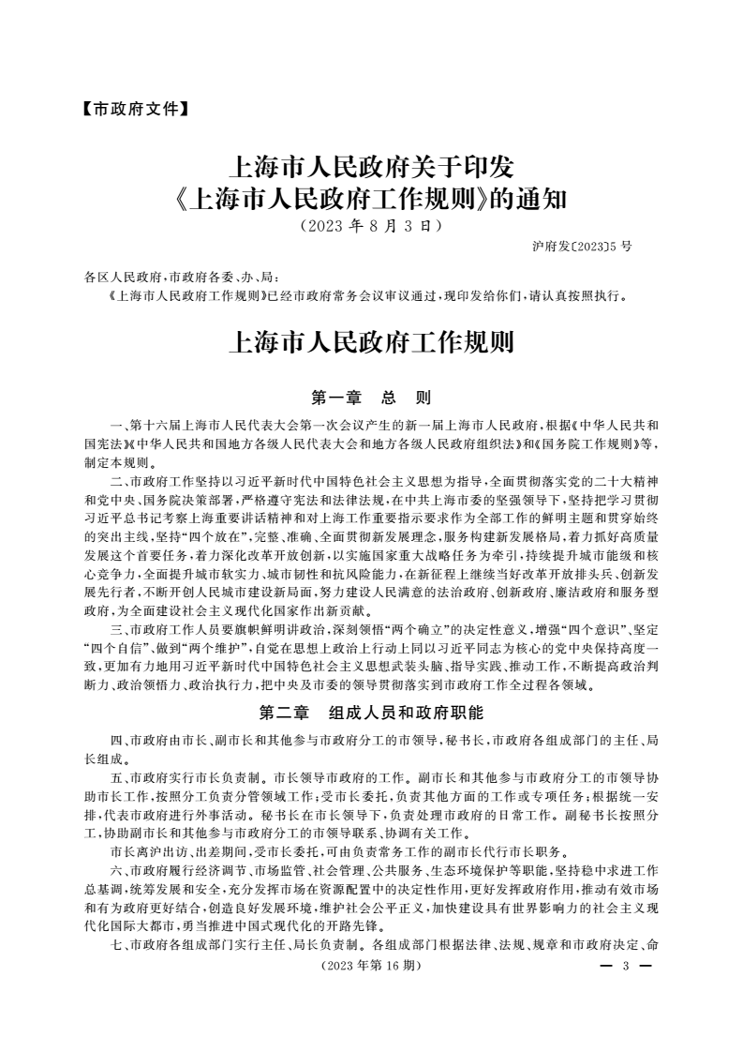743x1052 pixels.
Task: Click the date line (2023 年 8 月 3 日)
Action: click(x=371, y=226)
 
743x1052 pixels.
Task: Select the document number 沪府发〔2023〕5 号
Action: click(x=582, y=246)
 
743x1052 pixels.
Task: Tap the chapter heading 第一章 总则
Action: click(x=371, y=397)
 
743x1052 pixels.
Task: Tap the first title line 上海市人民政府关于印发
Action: click(x=371, y=169)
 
